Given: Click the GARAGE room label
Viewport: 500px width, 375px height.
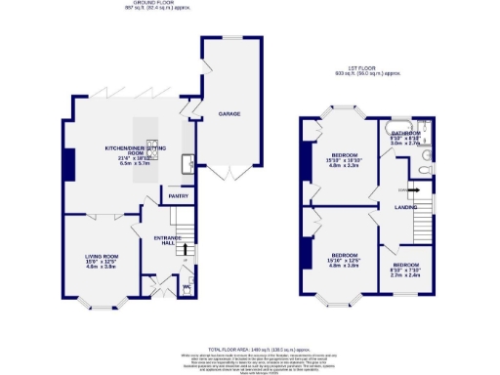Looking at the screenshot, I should (229, 114).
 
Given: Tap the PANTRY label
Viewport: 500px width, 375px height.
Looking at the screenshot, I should (178, 196).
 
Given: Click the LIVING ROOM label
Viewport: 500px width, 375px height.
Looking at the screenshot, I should (100, 256).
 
